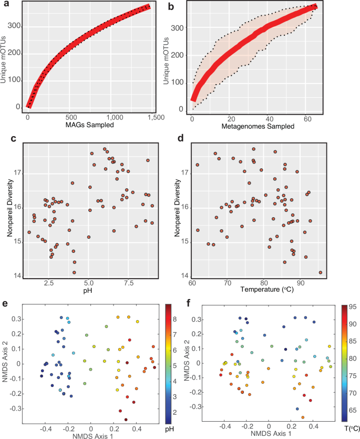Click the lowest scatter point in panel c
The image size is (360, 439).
tap(74, 272)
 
